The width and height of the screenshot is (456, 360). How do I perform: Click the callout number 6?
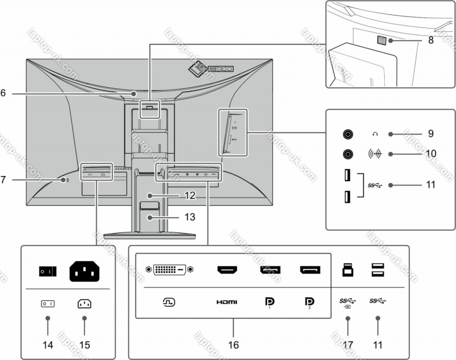pyautogui.click(x=3, y=93)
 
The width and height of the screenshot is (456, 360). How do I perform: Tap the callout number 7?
pyautogui.click(x=3, y=179)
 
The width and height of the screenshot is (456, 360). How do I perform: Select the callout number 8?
pyautogui.click(x=431, y=40)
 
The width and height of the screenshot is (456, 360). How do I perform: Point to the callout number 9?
pyautogui.click(x=431, y=134)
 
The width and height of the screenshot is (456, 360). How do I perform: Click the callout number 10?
pyautogui.click(x=431, y=154)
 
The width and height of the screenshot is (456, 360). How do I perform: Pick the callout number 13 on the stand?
pyautogui.click(x=189, y=217)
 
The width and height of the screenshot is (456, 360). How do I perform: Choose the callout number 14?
pyautogui.click(x=47, y=345)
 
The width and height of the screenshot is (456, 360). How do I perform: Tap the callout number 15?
pyautogui.click(x=84, y=345)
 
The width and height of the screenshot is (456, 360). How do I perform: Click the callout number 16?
pyautogui.click(x=234, y=345)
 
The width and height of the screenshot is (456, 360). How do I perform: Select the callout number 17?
pyautogui.click(x=348, y=345)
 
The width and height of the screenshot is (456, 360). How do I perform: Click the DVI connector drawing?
pyautogui.click(x=170, y=268)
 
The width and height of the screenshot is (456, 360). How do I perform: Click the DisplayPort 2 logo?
pyautogui.click(x=309, y=302)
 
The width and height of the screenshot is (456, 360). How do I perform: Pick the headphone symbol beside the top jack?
pyautogui.click(x=374, y=134)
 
